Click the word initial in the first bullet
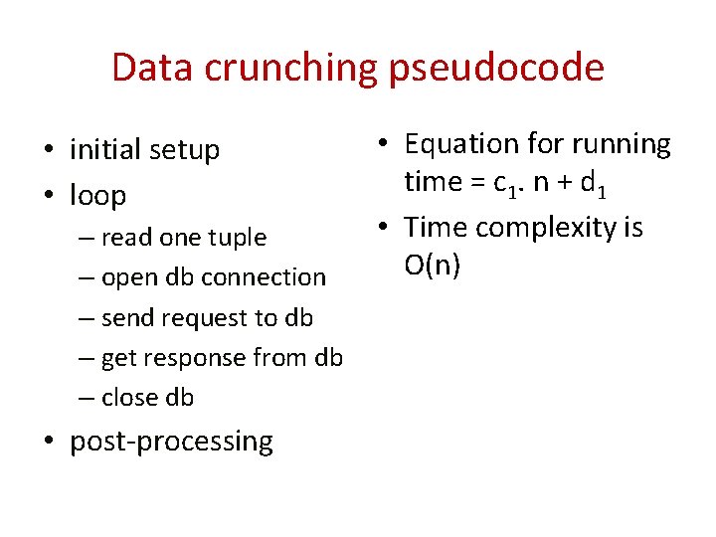[104, 150]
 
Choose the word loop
[98, 195]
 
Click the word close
[130, 398]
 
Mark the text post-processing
[171, 442]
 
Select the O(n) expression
[432, 266]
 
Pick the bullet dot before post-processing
[49, 442]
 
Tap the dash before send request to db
[87, 318]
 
